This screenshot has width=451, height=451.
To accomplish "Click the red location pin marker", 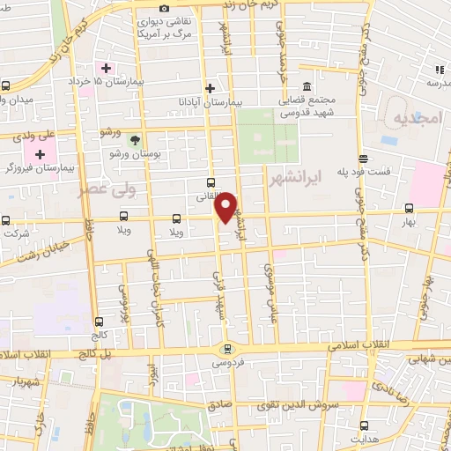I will coord(227,207).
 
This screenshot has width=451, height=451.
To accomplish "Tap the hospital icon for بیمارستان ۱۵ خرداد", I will coord(107,68).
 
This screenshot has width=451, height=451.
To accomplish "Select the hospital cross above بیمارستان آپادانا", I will coord(210,88).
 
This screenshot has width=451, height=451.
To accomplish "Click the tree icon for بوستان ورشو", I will coord(135,141).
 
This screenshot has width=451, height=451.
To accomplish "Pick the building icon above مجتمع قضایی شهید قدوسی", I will coord(306,86).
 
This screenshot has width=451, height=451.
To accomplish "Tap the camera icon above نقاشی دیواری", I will coord(163,9).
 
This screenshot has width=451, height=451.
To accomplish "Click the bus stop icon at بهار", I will coord(409,209).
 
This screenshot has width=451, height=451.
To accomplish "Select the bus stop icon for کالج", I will coord(98,322).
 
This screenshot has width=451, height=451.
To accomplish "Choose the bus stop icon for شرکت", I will coord(6,220).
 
